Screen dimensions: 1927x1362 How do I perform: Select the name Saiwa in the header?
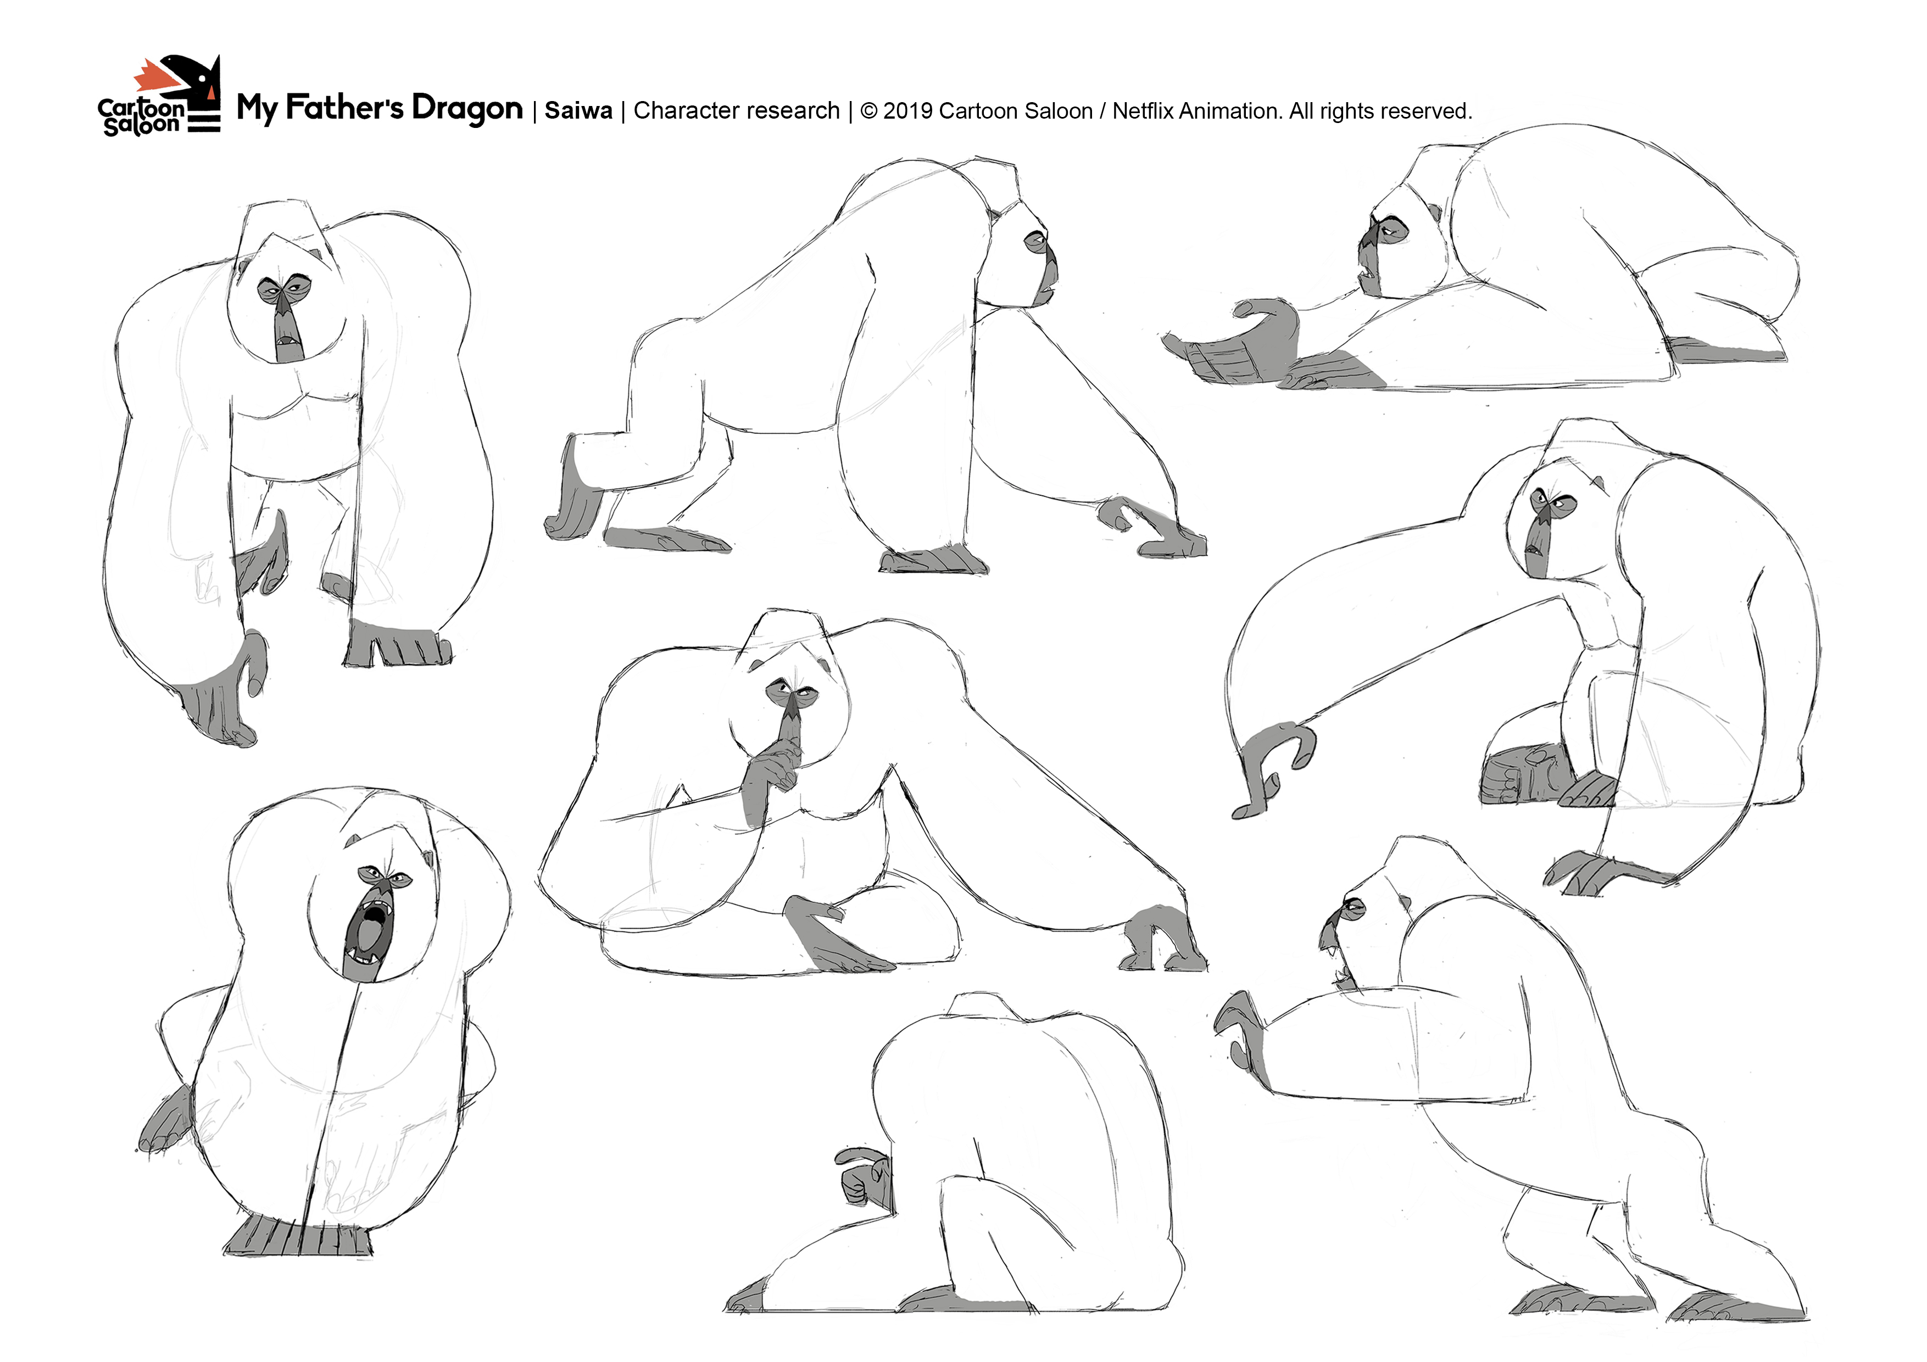pyautogui.click(x=578, y=110)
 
